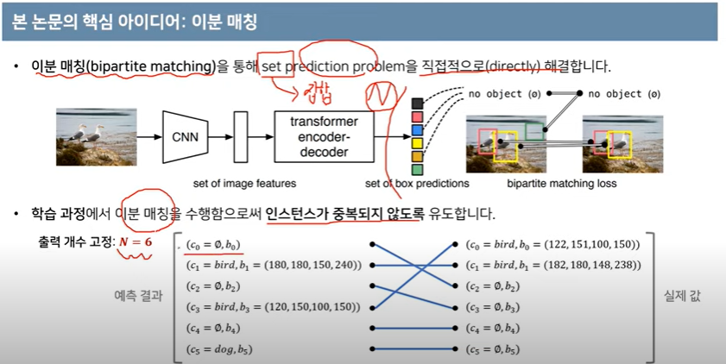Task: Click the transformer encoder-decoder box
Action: tap(324, 136)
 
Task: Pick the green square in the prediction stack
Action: tap(418, 169)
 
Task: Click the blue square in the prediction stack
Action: tap(418, 129)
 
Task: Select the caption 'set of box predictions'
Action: tap(417, 183)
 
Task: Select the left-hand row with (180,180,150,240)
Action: tap(272, 265)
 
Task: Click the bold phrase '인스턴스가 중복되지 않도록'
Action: tap(345, 213)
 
